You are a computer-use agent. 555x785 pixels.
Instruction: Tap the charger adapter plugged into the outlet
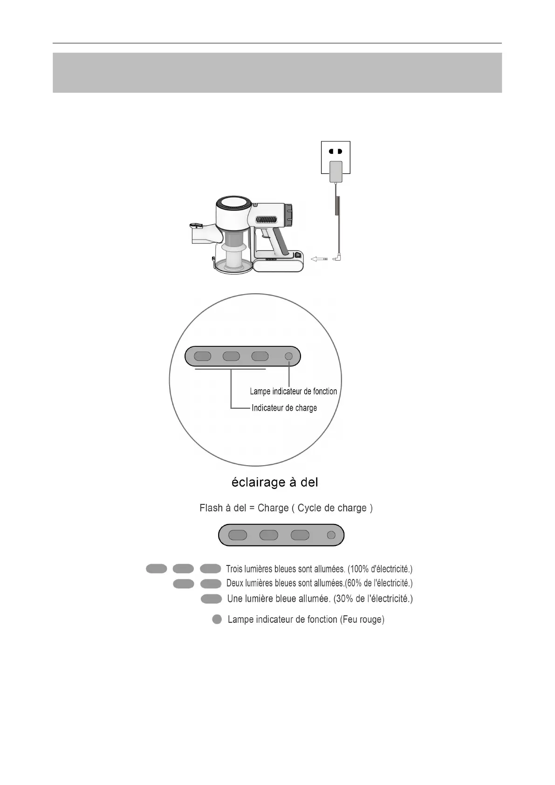[x=336, y=172]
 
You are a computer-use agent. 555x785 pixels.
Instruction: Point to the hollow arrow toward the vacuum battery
[x=319, y=259]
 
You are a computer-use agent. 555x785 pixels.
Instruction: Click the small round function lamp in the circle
[x=288, y=357]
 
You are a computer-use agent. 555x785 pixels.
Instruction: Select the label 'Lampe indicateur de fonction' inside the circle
[x=293, y=392]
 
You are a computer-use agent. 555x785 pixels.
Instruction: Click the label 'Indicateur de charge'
[x=284, y=408]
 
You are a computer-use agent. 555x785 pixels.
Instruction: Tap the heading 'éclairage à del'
[x=275, y=482]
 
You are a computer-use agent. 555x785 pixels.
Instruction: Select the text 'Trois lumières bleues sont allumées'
[x=285, y=569]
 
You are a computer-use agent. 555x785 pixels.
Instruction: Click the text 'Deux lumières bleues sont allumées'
[x=285, y=584]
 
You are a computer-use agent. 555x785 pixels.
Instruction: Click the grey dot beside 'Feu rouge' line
[x=217, y=620]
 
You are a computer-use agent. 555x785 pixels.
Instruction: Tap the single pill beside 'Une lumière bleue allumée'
[x=211, y=599]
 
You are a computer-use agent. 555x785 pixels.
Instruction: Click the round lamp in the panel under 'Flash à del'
[x=331, y=535]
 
